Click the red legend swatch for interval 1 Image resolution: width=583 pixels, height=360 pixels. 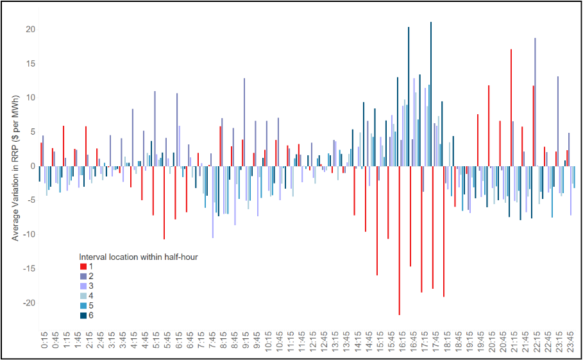(83, 266)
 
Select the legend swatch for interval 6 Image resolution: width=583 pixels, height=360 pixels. (83, 315)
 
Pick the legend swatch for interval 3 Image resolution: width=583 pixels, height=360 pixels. (83, 286)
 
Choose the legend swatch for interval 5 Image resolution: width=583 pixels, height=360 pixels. (83, 305)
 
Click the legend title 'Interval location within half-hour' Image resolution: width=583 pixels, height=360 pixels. (138, 257)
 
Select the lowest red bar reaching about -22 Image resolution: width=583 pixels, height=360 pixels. (399, 240)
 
